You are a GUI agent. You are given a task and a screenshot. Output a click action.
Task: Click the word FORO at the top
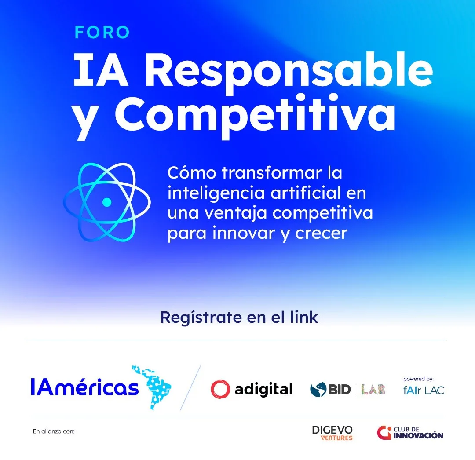pos(102,33)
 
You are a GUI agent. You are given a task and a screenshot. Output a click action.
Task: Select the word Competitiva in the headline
pos(255,117)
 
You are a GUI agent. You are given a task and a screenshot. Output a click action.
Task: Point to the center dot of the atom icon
pos(106,202)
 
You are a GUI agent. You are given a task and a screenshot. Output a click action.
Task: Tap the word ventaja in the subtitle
pos(236,214)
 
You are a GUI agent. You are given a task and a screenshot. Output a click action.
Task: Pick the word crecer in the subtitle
pos(321,234)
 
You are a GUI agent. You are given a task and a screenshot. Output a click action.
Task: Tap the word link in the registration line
pos(304,317)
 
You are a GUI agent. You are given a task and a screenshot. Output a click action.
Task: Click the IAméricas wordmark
pos(85,387)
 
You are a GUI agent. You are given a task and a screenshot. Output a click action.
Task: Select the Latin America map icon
pos(151,387)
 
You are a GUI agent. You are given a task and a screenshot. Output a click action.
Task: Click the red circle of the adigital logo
pos(220,389)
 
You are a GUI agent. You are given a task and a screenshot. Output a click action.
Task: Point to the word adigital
pos(263,390)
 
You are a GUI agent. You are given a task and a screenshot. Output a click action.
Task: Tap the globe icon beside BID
pos(318,390)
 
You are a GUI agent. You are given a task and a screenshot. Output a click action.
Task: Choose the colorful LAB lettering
pos(373,390)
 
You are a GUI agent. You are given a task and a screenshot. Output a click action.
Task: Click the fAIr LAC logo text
pos(424,390)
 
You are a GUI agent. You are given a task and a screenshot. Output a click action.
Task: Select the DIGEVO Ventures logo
pos(332,433)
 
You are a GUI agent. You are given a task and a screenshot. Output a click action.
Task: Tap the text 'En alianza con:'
pos(54,431)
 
